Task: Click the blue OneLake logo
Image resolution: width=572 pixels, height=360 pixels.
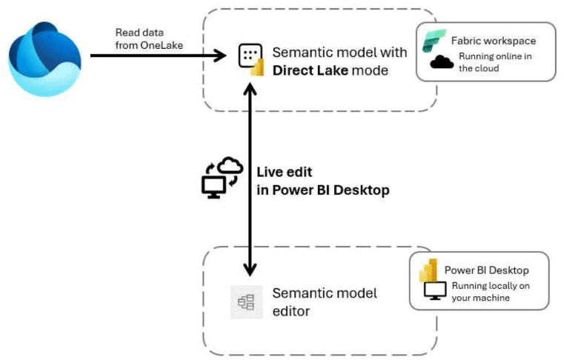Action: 44,59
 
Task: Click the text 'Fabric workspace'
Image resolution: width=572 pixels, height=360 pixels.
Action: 493,41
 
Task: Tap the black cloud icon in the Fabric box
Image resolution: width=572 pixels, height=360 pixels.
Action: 442,62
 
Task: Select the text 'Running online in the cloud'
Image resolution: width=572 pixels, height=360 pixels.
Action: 490,62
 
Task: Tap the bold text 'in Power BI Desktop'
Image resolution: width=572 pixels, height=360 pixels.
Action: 322,190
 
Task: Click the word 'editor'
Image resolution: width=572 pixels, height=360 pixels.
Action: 291,311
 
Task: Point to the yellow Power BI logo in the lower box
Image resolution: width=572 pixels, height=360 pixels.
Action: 429,270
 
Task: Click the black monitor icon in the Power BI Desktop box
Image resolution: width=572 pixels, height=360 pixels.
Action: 433,292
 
